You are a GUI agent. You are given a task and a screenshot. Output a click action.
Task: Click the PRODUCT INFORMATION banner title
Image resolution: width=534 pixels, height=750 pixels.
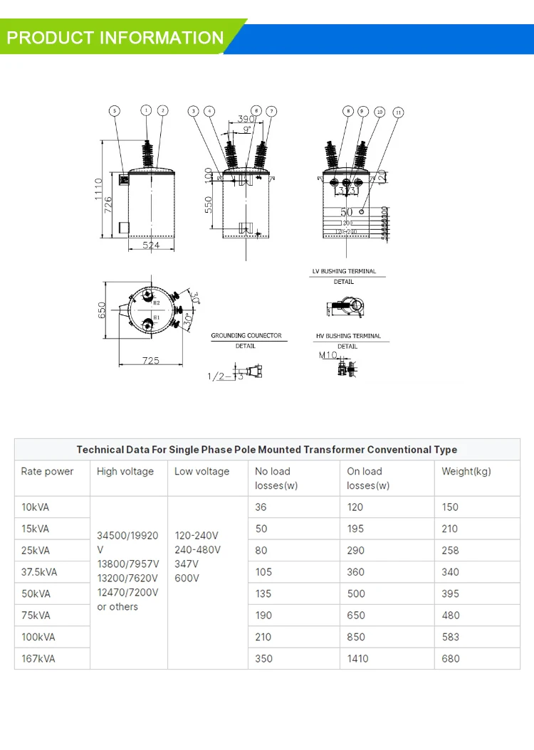(x=115, y=38)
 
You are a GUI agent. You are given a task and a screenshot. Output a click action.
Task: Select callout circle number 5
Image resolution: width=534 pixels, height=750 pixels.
(x=115, y=110)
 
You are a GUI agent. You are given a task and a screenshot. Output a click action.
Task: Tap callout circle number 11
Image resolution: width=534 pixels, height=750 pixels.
(x=398, y=112)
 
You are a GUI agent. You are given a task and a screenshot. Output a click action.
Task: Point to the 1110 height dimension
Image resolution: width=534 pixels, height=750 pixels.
(x=98, y=189)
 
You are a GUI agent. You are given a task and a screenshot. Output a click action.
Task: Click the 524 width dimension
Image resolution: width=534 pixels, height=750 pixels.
(x=150, y=245)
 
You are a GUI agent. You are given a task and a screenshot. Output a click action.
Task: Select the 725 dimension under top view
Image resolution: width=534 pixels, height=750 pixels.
(x=150, y=361)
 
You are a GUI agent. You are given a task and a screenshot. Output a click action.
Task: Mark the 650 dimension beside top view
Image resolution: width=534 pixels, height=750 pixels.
(x=103, y=310)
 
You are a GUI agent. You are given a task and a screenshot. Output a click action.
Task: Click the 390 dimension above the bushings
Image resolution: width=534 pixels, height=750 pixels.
(x=246, y=120)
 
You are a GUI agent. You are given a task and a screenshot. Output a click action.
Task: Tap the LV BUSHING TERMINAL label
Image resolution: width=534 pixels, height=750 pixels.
(x=344, y=271)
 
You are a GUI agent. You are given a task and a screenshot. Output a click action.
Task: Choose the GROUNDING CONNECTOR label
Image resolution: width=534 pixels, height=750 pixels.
(x=246, y=335)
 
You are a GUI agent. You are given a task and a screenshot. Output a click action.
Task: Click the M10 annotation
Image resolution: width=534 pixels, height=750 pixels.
(x=327, y=354)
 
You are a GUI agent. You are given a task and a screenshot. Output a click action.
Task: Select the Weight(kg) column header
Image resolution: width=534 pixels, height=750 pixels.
(x=466, y=471)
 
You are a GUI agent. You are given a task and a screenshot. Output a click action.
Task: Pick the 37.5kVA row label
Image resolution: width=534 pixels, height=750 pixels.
(x=39, y=572)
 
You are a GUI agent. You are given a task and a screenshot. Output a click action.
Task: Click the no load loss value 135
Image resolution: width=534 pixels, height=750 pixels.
(x=263, y=593)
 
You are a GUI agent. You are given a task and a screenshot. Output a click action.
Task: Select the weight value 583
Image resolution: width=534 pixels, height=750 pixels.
(x=451, y=637)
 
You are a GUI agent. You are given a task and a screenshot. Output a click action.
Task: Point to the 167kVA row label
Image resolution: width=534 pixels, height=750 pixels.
(x=38, y=659)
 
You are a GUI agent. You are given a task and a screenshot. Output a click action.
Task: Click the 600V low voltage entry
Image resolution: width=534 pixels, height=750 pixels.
(x=187, y=579)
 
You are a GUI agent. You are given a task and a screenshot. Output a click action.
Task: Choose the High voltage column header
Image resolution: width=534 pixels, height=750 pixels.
(x=125, y=471)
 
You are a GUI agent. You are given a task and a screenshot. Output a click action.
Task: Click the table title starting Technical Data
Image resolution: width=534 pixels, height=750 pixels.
(x=267, y=450)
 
